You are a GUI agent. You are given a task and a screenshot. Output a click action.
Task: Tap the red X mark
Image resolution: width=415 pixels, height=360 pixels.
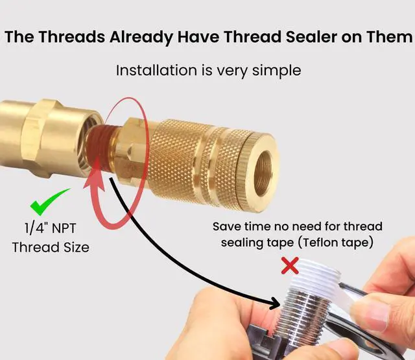tap(290, 265)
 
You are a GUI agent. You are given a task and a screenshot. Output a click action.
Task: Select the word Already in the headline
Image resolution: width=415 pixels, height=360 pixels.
tap(141, 38)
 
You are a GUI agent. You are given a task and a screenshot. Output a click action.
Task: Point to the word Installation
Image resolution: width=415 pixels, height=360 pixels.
tap(156, 71)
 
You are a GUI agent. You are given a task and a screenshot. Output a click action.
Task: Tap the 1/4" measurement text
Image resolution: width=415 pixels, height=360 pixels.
tap(35, 228)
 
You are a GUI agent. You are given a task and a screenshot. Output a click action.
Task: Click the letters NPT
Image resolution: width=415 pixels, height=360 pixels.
tap(63, 228)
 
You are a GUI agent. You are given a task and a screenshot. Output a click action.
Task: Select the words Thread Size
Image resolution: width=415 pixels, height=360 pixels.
tap(51, 247)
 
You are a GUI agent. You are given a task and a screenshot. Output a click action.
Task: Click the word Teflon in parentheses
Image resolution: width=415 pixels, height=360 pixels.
tap(321, 242)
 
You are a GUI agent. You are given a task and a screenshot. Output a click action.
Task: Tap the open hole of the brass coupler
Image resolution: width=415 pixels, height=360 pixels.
tap(263, 172)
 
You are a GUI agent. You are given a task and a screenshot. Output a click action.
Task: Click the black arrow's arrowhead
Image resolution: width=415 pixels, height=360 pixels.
tap(275, 303)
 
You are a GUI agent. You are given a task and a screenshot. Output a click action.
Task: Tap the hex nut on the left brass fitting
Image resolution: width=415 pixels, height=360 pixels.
tap(40, 138)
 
